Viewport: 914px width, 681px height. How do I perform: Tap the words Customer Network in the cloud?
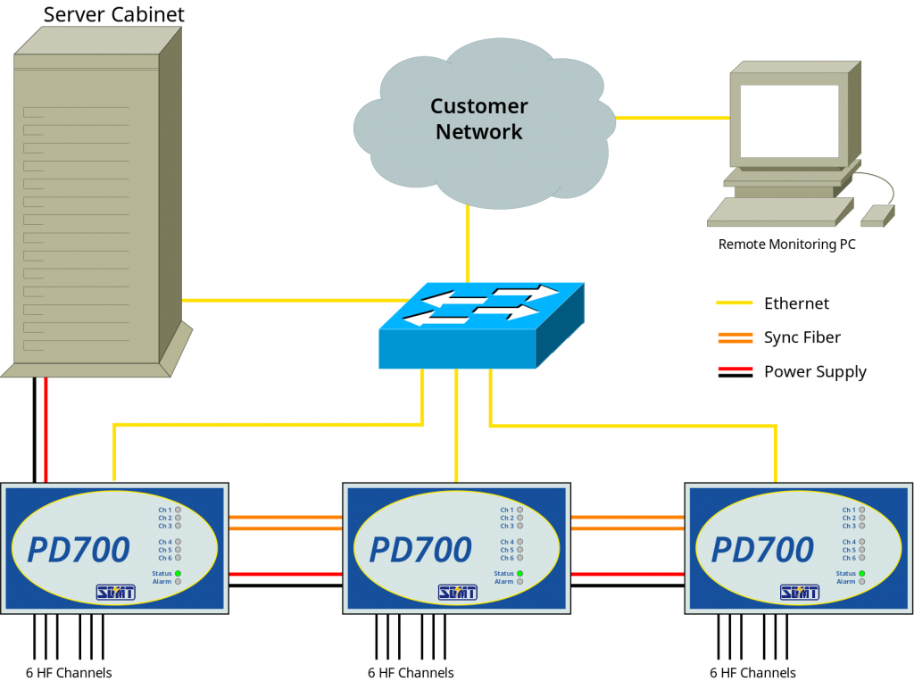click(478, 119)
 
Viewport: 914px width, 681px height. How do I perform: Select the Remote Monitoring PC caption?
click(786, 244)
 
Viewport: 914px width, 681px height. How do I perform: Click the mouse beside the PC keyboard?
click(877, 214)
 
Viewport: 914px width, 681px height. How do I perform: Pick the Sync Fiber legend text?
click(802, 337)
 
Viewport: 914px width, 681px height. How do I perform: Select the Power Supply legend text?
click(814, 371)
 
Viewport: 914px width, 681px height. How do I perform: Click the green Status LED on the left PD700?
click(178, 573)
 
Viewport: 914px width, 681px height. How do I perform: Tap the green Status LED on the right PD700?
click(861, 573)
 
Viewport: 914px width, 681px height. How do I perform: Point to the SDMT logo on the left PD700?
click(115, 592)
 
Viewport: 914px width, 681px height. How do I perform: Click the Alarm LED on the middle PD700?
click(519, 582)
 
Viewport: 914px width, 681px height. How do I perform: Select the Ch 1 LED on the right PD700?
click(862, 510)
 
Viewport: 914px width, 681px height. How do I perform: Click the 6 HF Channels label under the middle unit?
click(411, 673)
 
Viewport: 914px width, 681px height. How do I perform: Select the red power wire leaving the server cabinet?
click(46, 428)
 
